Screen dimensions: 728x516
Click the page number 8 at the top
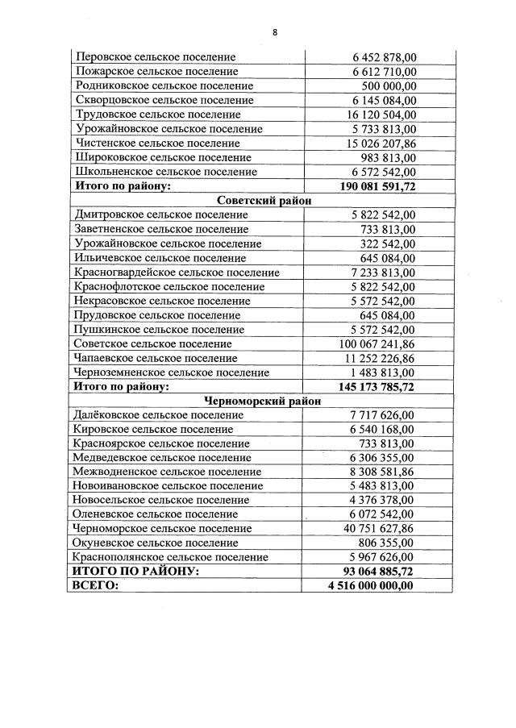(x=275, y=32)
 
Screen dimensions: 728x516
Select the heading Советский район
(x=264, y=201)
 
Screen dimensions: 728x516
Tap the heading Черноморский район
(x=264, y=401)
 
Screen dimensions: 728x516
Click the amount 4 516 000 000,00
(x=371, y=586)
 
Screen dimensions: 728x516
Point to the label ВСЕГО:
(x=96, y=586)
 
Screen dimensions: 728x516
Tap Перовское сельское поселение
(x=155, y=57)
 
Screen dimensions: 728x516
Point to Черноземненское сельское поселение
(x=171, y=372)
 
